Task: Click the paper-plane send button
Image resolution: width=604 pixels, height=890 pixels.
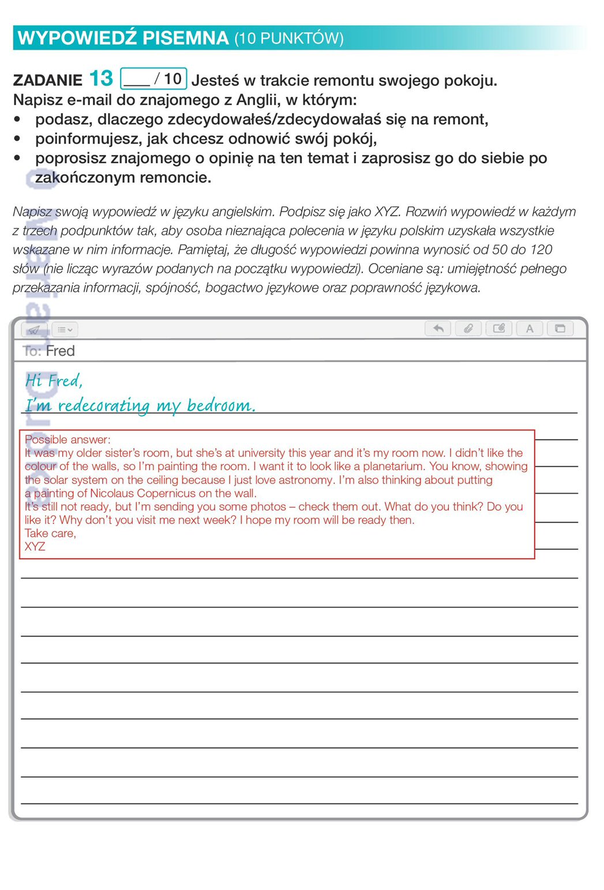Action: (x=34, y=330)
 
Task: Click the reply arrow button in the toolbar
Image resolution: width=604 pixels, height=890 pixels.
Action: (x=438, y=329)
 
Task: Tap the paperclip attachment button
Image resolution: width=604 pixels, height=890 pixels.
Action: (x=468, y=329)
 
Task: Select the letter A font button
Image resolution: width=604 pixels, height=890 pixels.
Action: (x=530, y=329)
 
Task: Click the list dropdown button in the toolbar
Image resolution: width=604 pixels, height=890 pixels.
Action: (x=65, y=330)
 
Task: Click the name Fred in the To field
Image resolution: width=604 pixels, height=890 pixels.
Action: (x=60, y=351)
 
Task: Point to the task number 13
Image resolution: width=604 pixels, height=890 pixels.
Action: (x=101, y=78)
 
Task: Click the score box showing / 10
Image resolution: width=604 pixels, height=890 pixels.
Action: (x=153, y=78)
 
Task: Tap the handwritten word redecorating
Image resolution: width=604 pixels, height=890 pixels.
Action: (x=104, y=406)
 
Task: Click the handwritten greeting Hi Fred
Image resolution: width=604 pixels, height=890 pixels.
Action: (x=54, y=381)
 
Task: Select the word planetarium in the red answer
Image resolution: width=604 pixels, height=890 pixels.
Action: (x=393, y=466)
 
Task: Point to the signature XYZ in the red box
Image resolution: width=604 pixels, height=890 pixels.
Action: (x=35, y=547)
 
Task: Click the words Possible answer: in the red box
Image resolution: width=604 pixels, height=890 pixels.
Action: (x=67, y=440)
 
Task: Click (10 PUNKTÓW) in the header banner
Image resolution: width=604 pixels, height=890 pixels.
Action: (x=288, y=39)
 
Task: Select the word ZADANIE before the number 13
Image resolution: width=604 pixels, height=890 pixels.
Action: (x=48, y=80)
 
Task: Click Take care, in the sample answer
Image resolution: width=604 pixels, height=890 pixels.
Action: (x=50, y=534)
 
